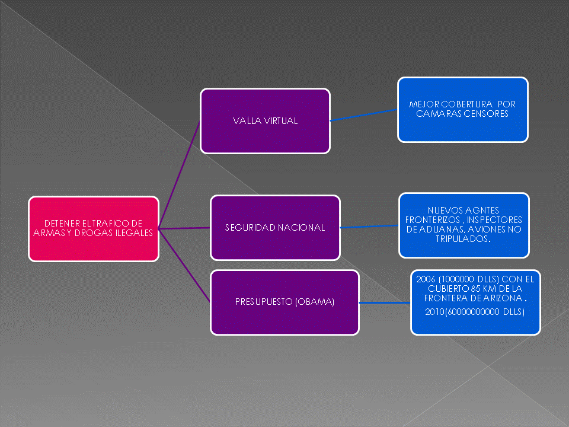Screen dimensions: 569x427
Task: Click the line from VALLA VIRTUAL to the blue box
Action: pos(363,114)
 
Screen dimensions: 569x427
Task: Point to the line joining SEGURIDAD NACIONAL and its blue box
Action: pos(369,226)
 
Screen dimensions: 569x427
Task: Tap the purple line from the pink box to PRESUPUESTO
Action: pos(184,265)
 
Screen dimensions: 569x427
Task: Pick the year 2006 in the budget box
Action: pos(426,278)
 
